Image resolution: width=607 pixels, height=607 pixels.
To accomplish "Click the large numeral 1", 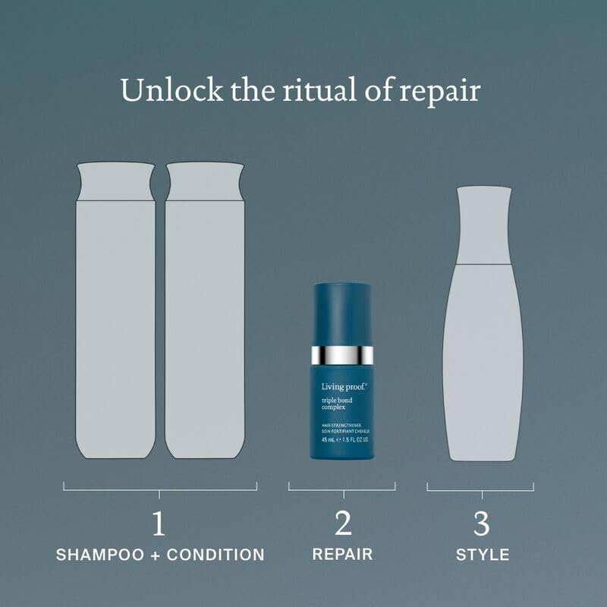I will pyautogui.click(x=159, y=523).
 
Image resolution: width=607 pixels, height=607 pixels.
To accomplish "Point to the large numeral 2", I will pyautogui.click(x=343, y=523).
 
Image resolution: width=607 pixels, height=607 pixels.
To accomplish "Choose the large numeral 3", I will pyautogui.click(x=481, y=523).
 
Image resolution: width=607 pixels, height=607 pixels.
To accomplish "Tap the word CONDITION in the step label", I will pyautogui.click(x=218, y=555).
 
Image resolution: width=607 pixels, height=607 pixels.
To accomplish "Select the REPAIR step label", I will pyautogui.click(x=342, y=554).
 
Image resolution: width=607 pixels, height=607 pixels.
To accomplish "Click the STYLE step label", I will pyautogui.click(x=482, y=555).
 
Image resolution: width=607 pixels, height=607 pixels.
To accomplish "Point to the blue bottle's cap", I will pyautogui.click(x=342, y=311).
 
